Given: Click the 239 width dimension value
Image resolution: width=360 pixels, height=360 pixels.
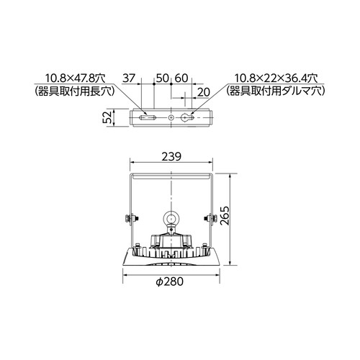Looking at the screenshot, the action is tap(171, 157).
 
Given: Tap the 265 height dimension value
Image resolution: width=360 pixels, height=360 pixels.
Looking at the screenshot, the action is tap(225, 215).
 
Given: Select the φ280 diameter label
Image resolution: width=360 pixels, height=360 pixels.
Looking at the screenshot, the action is tap(170, 282).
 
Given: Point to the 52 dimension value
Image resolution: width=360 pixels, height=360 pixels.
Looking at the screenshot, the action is tap(109, 117).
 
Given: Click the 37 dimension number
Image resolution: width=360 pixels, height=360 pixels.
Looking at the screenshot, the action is tap(129, 78).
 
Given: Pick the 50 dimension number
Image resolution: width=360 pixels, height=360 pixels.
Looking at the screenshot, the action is tap(163, 78).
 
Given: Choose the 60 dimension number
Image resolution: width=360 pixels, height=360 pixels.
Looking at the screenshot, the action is tap(181, 78).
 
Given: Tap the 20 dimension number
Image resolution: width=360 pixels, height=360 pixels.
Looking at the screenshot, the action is tap(204, 92).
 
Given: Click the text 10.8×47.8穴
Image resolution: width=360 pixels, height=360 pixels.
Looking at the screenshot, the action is tap(76, 78).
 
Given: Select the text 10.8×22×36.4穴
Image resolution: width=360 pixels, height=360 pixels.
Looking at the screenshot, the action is tap(276, 78).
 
